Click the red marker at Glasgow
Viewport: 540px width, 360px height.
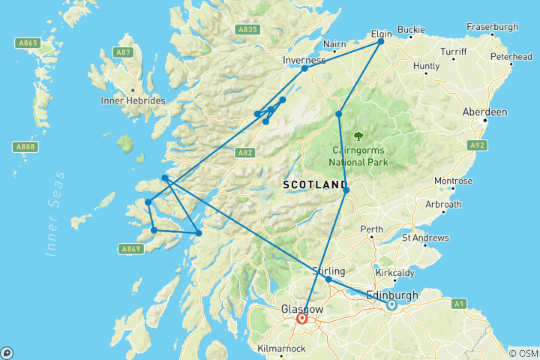(x=302, y=318)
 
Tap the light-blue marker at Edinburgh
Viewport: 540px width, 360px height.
(x=391, y=304)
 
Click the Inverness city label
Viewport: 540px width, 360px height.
(x=304, y=59)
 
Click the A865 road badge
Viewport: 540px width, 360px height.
(x=28, y=43)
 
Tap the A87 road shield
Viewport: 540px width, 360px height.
(x=123, y=52)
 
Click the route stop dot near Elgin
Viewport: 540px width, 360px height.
(x=381, y=41)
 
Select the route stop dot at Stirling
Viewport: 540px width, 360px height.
(x=328, y=280)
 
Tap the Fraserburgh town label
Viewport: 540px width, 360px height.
(x=492, y=27)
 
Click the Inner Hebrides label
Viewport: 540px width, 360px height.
(x=133, y=100)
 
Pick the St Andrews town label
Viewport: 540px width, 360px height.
(x=425, y=238)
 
